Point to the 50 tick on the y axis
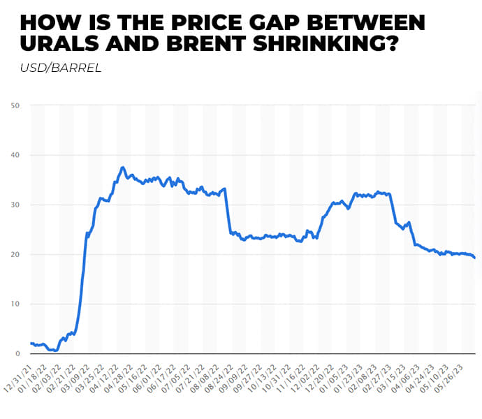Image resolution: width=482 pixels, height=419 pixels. click(15, 105)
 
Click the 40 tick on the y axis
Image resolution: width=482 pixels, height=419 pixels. click(15, 155)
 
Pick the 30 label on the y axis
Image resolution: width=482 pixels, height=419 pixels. click(15, 205)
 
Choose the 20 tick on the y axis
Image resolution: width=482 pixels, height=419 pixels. click(15, 254)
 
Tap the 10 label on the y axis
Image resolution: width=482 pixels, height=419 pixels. click(15, 304)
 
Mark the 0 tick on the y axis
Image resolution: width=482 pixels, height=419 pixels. click(17, 353)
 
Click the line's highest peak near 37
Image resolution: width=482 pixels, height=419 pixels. click(123, 168)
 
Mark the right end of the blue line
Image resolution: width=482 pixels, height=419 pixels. click(476, 258)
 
